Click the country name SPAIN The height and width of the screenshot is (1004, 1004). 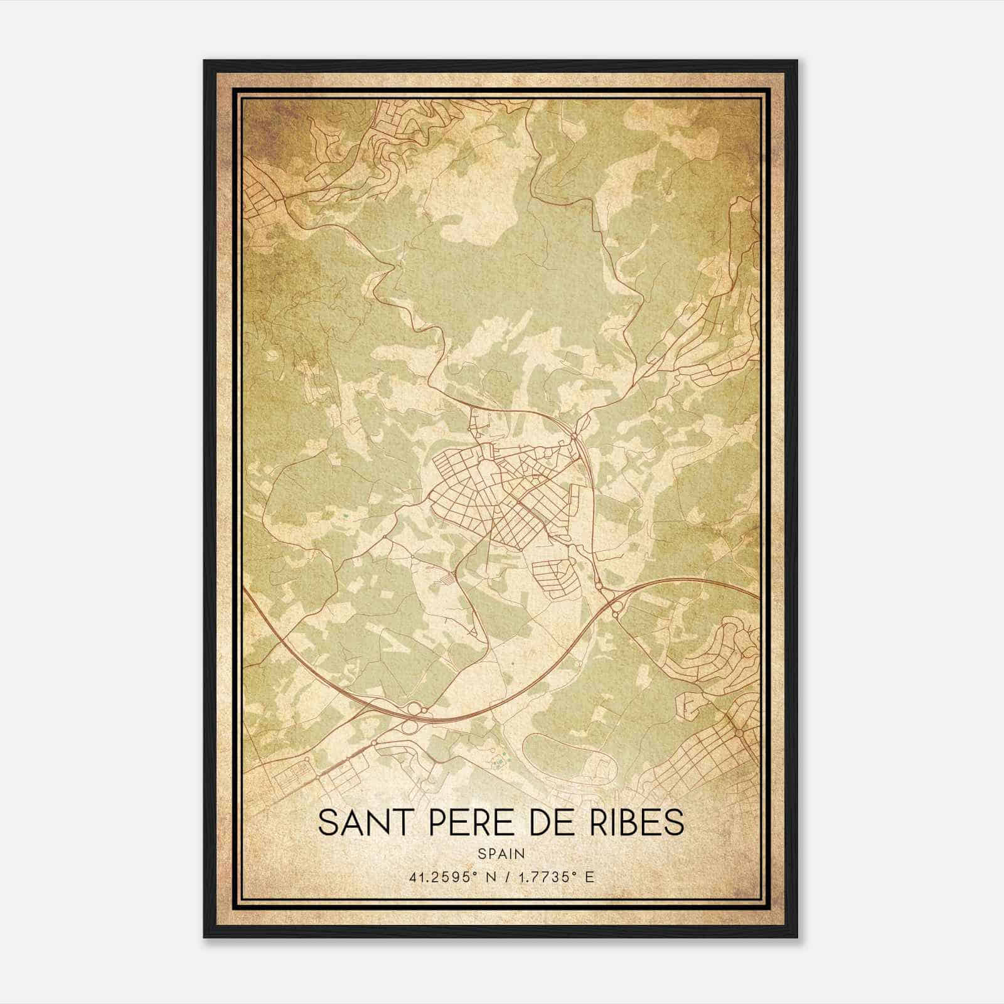[x=501, y=854]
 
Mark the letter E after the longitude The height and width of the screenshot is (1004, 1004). [x=589, y=877]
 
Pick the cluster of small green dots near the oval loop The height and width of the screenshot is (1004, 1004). [x=499, y=762]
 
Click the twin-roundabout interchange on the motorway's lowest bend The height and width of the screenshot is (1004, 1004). [x=414, y=718]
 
